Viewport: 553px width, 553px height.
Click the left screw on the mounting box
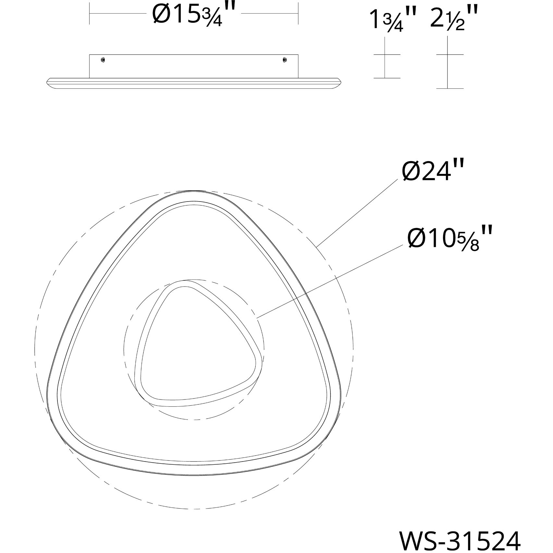(x=103, y=60)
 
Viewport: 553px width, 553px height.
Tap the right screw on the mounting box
(x=285, y=60)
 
